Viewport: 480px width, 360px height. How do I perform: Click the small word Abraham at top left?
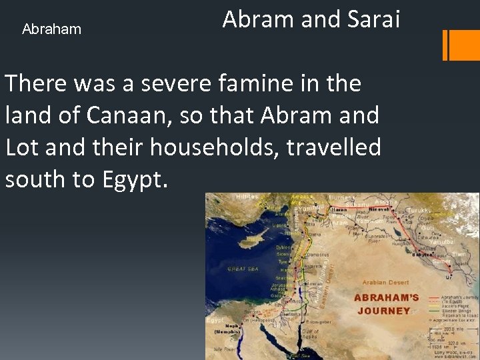(51, 29)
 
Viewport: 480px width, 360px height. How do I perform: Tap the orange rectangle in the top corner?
(460, 45)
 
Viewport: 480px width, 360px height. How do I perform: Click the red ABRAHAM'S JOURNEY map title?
(387, 304)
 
